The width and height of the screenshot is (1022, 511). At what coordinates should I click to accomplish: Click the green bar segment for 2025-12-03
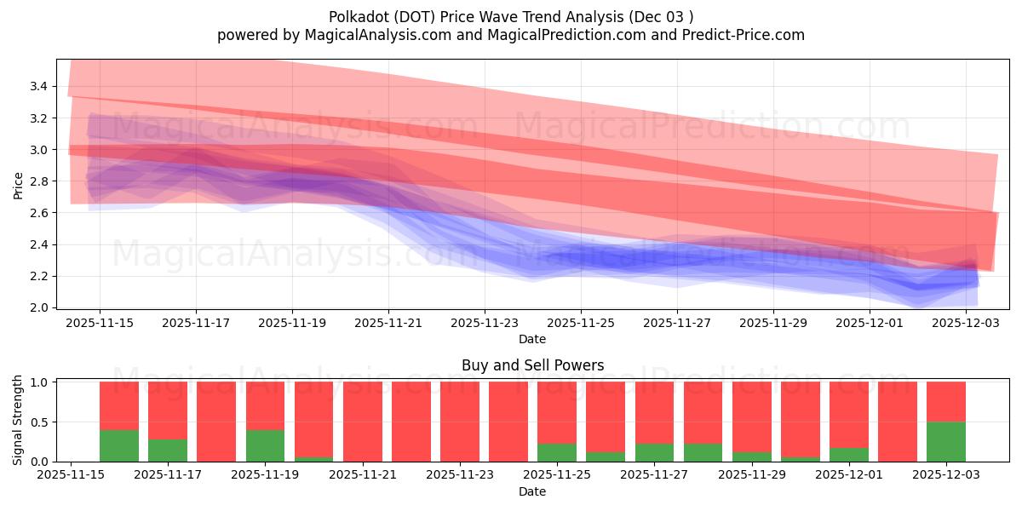pyautogui.click(x=946, y=441)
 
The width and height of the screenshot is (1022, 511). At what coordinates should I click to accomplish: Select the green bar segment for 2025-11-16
pyautogui.click(x=119, y=445)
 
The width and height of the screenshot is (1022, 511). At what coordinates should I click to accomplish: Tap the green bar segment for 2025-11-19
pyautogui.click(x=265, y=445)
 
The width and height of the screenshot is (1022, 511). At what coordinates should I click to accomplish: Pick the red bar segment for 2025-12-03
pyautogui.click(x=946, y=401)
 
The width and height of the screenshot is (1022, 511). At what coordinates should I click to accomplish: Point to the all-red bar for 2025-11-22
pyautogui.click(x=411, y=422)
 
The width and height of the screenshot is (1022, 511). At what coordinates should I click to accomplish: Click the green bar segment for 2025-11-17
pyautogui.click(x=168, y=450)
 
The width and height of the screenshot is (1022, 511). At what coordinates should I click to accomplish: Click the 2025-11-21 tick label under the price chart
pyautogui.click(x=388, y=323)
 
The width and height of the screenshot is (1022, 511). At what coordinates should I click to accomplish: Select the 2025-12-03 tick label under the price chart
pyautogui.click(x=966, y=323)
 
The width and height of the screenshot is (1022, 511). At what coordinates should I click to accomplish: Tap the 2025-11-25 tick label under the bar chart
pyautogui.click(x=557, y=475)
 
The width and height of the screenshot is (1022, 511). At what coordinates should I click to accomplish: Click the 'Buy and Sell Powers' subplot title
pyautogui.click(x=532, y=365)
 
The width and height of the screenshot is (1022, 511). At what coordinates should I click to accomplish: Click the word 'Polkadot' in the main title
pyautogui.click(x=356, y=17)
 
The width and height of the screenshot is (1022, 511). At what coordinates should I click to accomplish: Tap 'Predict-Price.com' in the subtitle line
pyautogui.click(x=745, y=35)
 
